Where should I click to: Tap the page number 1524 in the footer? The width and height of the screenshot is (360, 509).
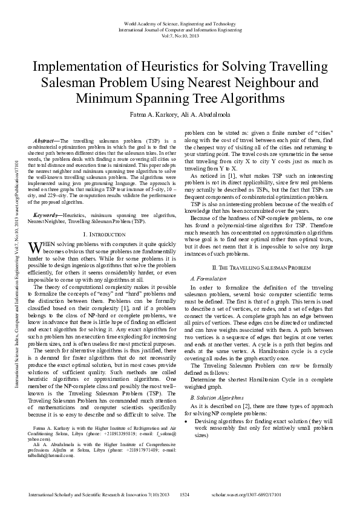[x=185, y=495]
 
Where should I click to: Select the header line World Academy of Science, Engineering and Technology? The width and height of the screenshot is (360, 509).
[x=180, y=22]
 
